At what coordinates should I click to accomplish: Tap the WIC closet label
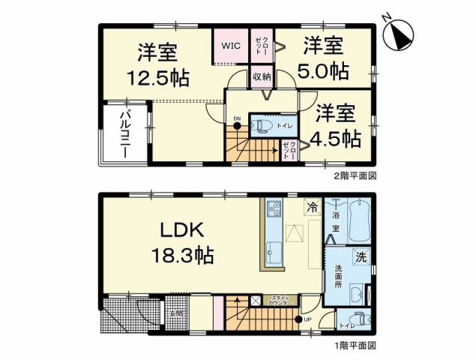pyautogui.click(x=230, y=46)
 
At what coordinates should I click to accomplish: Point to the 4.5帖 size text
pyautogui.click(x=337, y=139)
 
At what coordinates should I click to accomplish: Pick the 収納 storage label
pyautogui.click(x=261, y=76)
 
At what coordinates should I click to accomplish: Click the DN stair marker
pyautogui.click(x=236, y=118)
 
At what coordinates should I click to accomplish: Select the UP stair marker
pyautogui.click(x=307, y=319)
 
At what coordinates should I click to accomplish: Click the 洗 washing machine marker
pyautogui.click(x=361, y=258)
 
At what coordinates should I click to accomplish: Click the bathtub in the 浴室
pyautogui.click(x=359, y=217)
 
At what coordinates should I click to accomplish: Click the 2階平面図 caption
pyautogui.click(x=355, y=176)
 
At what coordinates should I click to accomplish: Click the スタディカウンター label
pyautogui.click(x=282, y=300)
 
